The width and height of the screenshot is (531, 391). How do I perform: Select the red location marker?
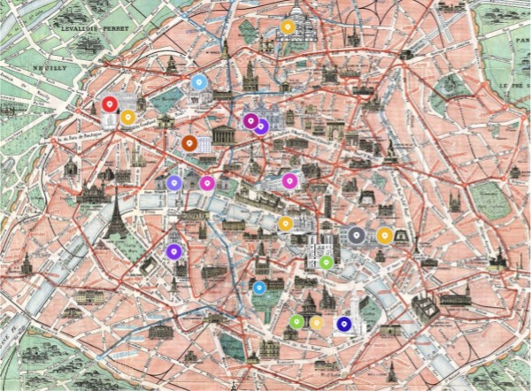[x=108, y=104]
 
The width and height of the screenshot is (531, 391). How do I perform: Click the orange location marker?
[x=189, y=142]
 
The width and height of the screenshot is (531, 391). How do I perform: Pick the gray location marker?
[x=356, y=234]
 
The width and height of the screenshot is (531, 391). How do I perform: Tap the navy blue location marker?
[x=343, y=325]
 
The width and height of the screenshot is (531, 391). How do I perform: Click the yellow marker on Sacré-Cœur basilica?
[x=287, y=27]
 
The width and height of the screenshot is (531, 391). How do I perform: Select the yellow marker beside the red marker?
[x=127, y=116]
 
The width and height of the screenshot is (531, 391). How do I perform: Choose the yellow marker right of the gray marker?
[x=384, y=235]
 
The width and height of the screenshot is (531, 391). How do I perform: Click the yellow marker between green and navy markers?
[x=316, y=323]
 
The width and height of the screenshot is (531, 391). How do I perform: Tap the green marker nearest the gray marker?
[x=326, y=261]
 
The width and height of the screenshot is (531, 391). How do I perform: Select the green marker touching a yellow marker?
[x=296, y=322]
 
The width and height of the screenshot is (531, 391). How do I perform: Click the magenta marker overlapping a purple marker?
[x=250, y=120]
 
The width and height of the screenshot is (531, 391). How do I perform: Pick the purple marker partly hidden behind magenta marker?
[x=261, y=126]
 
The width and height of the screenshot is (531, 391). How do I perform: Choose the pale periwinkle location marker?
[x=174, y=183]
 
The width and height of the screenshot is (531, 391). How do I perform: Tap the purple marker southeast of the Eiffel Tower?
[x=173, y=251]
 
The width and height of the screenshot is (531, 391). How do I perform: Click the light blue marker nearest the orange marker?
[x=199, y=83]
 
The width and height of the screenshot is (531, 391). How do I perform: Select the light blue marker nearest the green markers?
[x=258, y=287]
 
